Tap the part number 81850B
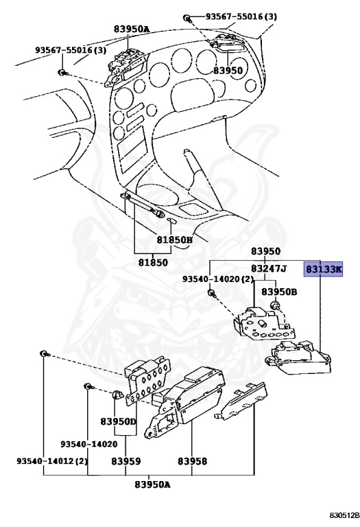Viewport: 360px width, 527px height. click(173, 240)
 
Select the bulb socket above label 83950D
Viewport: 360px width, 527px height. click(117, 396)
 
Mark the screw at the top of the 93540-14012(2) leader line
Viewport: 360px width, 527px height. click(43, 353)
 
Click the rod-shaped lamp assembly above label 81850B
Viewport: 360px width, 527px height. click(145, 207)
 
